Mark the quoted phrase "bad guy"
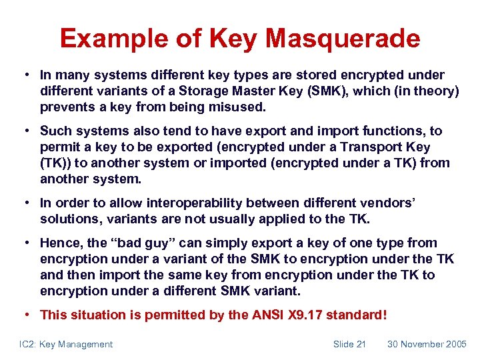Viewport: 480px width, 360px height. tap(141, 243)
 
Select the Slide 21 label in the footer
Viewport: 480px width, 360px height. tap(349, 344)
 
